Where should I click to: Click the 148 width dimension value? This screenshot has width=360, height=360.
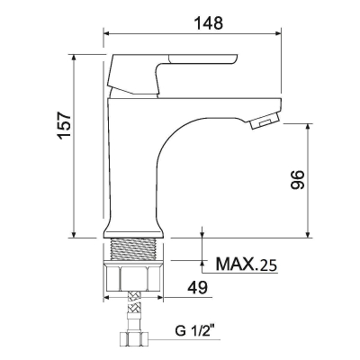pos(209,22)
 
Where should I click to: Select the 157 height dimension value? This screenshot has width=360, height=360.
pos(65,125)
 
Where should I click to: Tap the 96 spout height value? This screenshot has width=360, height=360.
pos(298,180)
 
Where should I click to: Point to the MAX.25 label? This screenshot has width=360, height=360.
pos(247,264)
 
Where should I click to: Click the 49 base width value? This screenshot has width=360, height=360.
pos(197,288)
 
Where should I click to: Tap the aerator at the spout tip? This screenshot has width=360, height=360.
pos(265,121)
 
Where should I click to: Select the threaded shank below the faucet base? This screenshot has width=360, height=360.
pos(134,249)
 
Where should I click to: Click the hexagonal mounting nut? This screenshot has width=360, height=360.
pos(133,276)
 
